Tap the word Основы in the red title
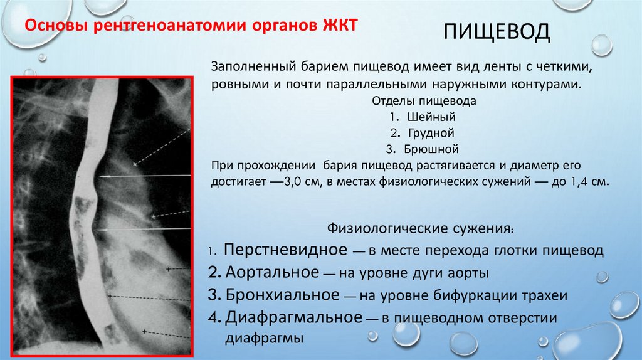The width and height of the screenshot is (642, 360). [53, 26]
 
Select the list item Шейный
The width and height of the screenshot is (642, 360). [431, 117]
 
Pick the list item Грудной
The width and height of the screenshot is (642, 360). [430, 133]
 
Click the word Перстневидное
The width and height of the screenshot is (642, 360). [286, 250]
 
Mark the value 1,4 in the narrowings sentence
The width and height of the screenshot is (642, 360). [580, 181]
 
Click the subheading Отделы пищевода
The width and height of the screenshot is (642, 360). [425, 100]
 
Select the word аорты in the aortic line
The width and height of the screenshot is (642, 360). [470, 273]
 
